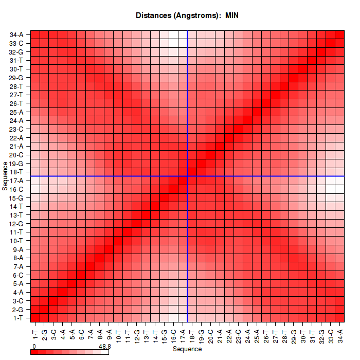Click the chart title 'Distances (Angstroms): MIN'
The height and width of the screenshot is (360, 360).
click(x=187, y=15)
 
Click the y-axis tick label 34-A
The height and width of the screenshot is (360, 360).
click(x=16, y=35)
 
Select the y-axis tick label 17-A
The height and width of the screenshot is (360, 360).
click(x=16, y=181)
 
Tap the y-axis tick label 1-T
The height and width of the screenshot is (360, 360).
click(x=16, y=318)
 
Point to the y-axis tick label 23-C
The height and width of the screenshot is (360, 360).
click(x=16, y=129)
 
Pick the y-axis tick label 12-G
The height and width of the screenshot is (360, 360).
click(x=16, y=224)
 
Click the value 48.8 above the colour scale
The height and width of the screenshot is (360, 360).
click(x=104, y=347)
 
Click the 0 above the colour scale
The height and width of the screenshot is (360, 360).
click(x=33, y=347)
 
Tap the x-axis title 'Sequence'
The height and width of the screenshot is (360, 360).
click(x=187, y=349)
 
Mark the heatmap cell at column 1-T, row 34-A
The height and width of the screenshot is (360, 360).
click(x=35, y=35)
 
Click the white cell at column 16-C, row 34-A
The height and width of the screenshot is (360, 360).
click(x=173, y=35)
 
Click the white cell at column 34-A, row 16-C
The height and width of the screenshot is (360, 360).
click(x=339, y=189)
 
